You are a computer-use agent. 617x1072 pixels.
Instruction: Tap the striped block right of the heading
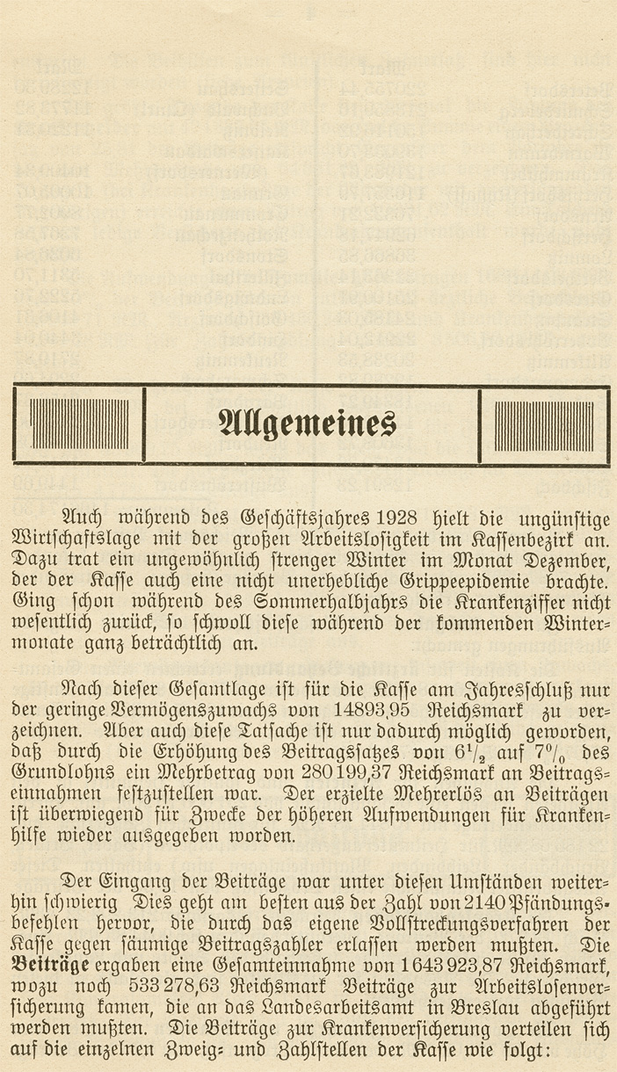click(543, 424)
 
